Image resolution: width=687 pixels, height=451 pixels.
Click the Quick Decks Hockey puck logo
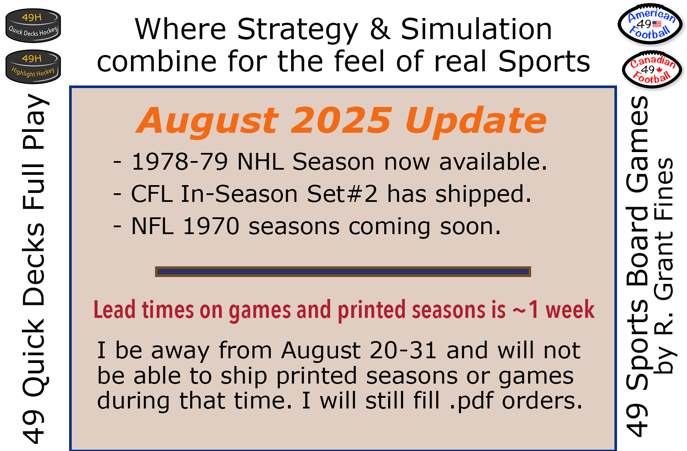tap(33, 25)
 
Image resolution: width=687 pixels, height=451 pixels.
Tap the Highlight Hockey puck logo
tap(33, 67)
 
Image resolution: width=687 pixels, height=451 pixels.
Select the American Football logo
tap(650, 24)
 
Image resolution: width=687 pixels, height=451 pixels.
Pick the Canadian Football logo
tap(652, 70)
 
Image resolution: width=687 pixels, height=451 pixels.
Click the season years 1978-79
tap(180, 162)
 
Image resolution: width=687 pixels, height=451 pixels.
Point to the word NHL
tap(260, 162)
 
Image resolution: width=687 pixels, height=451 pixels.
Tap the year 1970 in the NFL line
tap(211, 226)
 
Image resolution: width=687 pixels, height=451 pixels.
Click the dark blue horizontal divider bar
tap(343, 271)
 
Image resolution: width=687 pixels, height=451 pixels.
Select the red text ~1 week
tap(553, 310)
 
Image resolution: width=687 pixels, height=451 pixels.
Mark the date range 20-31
tap(403, 350)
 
